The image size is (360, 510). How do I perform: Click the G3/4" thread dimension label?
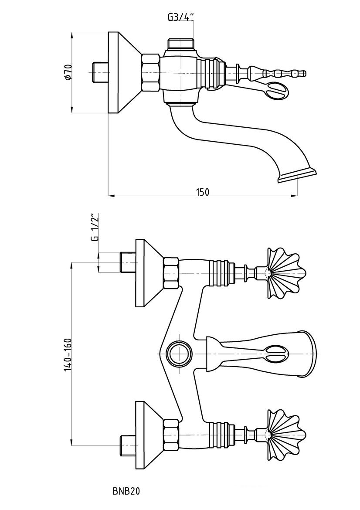coord(181,16)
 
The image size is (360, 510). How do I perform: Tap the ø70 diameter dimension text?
coord(68,72)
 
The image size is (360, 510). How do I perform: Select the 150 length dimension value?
coord(202,192)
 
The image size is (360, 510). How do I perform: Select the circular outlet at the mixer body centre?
coord(179,353)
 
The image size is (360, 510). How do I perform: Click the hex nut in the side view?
coord(150,72)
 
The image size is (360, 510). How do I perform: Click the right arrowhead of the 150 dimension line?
coord(294,196)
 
